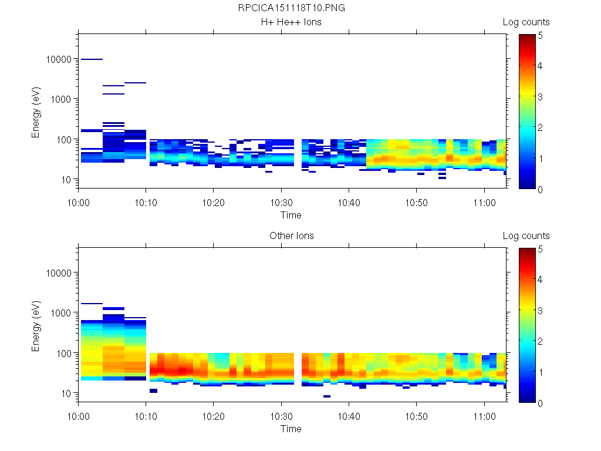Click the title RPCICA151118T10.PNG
(x=291, y=9)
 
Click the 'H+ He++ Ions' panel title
(x=291, y=22)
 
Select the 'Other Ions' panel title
(x=291, y=236)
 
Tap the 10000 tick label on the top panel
(x=59, y=59)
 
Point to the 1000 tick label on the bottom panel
(x=61, y=313)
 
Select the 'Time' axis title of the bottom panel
(x=291, y=429)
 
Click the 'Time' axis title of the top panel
(x=291, y=215)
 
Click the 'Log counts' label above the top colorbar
(x=526, y=22)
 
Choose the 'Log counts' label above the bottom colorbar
(x=526, y=236)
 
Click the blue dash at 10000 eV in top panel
(x=92, y=59)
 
